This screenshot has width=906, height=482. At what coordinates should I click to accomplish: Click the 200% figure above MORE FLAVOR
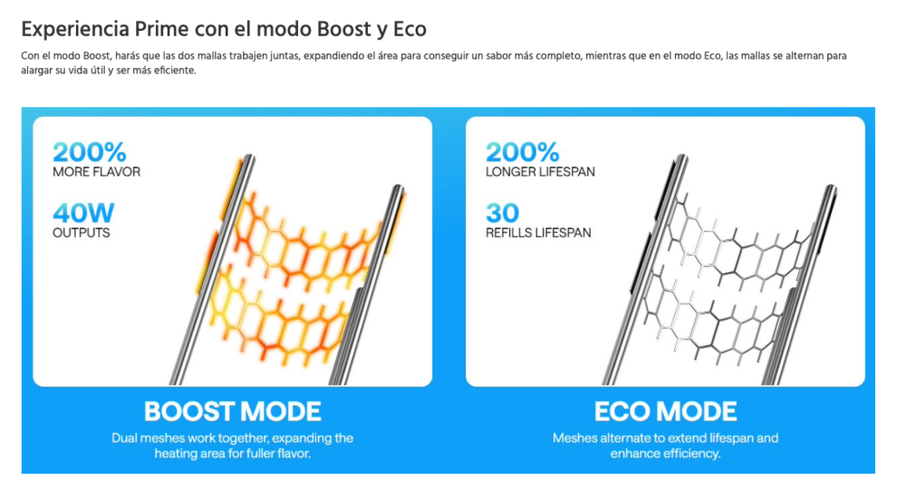click(89, 151)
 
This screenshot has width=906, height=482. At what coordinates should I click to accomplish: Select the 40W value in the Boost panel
click(82, 213)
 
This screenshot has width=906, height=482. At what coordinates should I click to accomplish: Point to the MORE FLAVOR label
click(96, 172)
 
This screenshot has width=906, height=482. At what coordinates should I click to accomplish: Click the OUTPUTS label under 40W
click(82, 233)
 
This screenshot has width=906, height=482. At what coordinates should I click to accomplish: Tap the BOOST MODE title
click(233, 411)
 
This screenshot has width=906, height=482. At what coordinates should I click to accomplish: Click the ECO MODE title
click(665, 411)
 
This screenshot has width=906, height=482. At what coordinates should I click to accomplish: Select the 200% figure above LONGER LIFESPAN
click(522, 151)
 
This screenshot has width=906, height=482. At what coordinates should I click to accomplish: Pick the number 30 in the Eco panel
click(502, 213)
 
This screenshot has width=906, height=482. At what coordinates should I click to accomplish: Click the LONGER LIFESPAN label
click(540, 172)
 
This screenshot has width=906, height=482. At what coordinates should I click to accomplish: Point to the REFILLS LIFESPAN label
click(538, 233)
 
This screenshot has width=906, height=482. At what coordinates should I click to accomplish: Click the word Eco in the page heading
click(410, 29)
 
